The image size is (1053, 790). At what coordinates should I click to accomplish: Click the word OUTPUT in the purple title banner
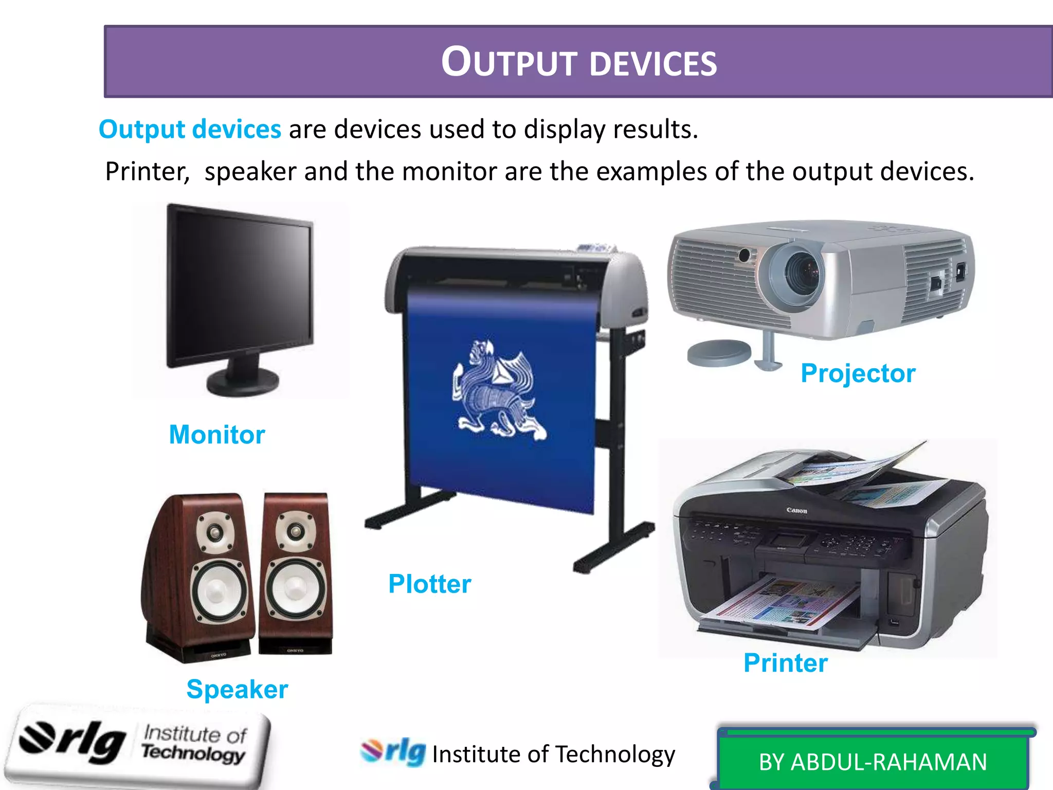pos(510,62)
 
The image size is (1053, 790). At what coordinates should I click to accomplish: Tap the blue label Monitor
pos(217,435)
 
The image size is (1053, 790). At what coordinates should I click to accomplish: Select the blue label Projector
pos(858,373)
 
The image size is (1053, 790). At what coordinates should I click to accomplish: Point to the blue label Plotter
pos(429,584)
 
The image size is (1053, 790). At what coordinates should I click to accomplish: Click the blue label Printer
pos(786,662)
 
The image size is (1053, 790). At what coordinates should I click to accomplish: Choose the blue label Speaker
pos(237,689)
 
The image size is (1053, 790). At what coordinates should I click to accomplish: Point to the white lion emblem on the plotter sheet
pos(496,391)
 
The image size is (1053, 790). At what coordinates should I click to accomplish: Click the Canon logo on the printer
pos(796,511)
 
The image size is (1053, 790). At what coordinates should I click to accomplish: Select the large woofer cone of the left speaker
pos(218,591)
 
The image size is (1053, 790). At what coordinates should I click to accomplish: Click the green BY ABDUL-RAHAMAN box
pos(873,762)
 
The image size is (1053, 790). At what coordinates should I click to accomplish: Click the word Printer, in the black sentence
pos(147,171)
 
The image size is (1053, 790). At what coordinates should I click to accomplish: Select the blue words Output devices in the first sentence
pos(190,129)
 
